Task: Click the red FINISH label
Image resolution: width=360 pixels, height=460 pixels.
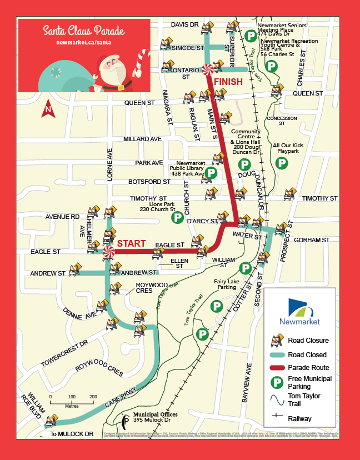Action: [x=228, y=82]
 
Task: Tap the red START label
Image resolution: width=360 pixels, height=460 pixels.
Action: [x=131, y=243]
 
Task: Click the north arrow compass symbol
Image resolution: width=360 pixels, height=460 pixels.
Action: [x=48, y=108]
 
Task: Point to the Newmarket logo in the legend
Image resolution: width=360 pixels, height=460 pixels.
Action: [x=304, y=312]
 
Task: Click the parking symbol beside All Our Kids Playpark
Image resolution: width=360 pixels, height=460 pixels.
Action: [x=283, y=163]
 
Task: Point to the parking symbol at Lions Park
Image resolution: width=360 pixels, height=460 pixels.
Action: [x=178, y=217]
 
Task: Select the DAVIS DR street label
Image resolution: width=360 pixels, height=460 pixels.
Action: [x=184, y=25]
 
